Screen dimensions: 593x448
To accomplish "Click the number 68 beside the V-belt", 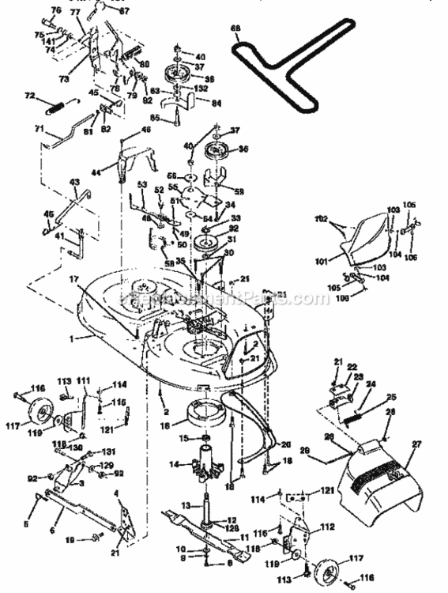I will pos(235,29).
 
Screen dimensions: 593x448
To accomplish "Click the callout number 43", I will pos(75,182).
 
